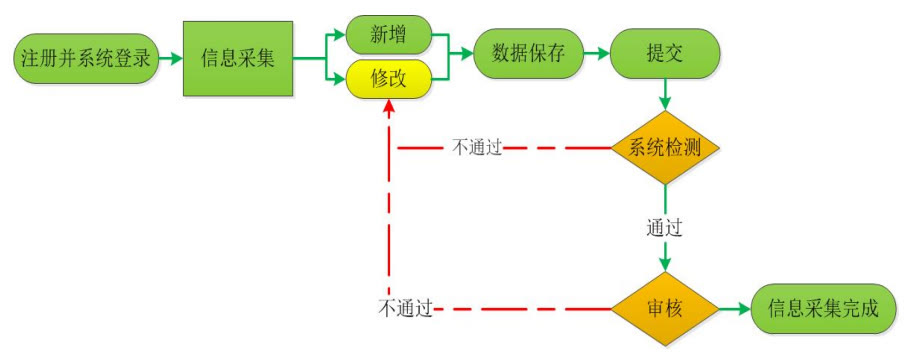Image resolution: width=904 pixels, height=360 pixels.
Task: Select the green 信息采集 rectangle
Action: pos(237,58)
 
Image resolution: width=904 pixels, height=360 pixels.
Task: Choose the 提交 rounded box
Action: pos(664,54)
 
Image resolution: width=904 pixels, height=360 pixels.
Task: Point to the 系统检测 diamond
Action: pos(664,148)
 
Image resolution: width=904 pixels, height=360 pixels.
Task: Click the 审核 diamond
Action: pos(664,308)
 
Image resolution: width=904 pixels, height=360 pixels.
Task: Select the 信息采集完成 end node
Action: pos(823,308)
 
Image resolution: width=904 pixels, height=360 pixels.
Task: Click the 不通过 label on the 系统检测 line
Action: pos(476,148)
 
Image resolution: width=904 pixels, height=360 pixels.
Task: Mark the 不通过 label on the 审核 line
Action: pos(405,308)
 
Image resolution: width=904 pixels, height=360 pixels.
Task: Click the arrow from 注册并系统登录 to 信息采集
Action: pos(170,58)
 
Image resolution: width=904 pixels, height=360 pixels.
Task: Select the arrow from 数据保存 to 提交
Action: pos(597,54)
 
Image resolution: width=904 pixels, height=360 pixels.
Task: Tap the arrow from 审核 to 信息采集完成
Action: pos(735,308)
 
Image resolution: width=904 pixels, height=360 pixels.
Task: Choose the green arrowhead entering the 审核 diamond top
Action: pos(664,265)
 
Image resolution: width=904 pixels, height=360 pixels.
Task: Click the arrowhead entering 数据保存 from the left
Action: pos(465,55)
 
